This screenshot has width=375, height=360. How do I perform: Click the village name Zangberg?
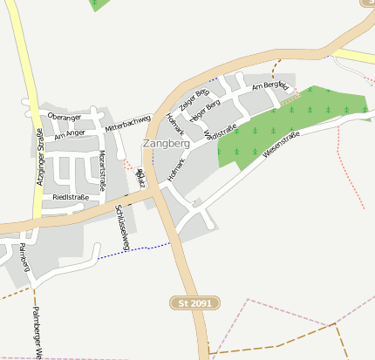click(166, 143)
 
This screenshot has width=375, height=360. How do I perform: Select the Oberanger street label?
click(65, 117)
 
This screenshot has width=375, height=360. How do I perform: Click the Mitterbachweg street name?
click(128, 123)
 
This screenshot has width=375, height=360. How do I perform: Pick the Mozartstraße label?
click(102, 170)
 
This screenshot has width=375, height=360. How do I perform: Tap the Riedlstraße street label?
click(71, 198)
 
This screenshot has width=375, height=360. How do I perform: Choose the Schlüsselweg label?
click(122, 228)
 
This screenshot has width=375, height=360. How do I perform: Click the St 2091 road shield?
click(194, 302)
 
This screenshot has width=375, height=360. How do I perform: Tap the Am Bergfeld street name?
click(269, 86)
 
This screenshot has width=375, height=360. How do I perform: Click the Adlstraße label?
click(223, 132)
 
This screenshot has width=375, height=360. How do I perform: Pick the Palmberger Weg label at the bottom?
click(37, 331)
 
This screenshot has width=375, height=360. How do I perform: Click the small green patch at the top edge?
click(101, 3)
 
